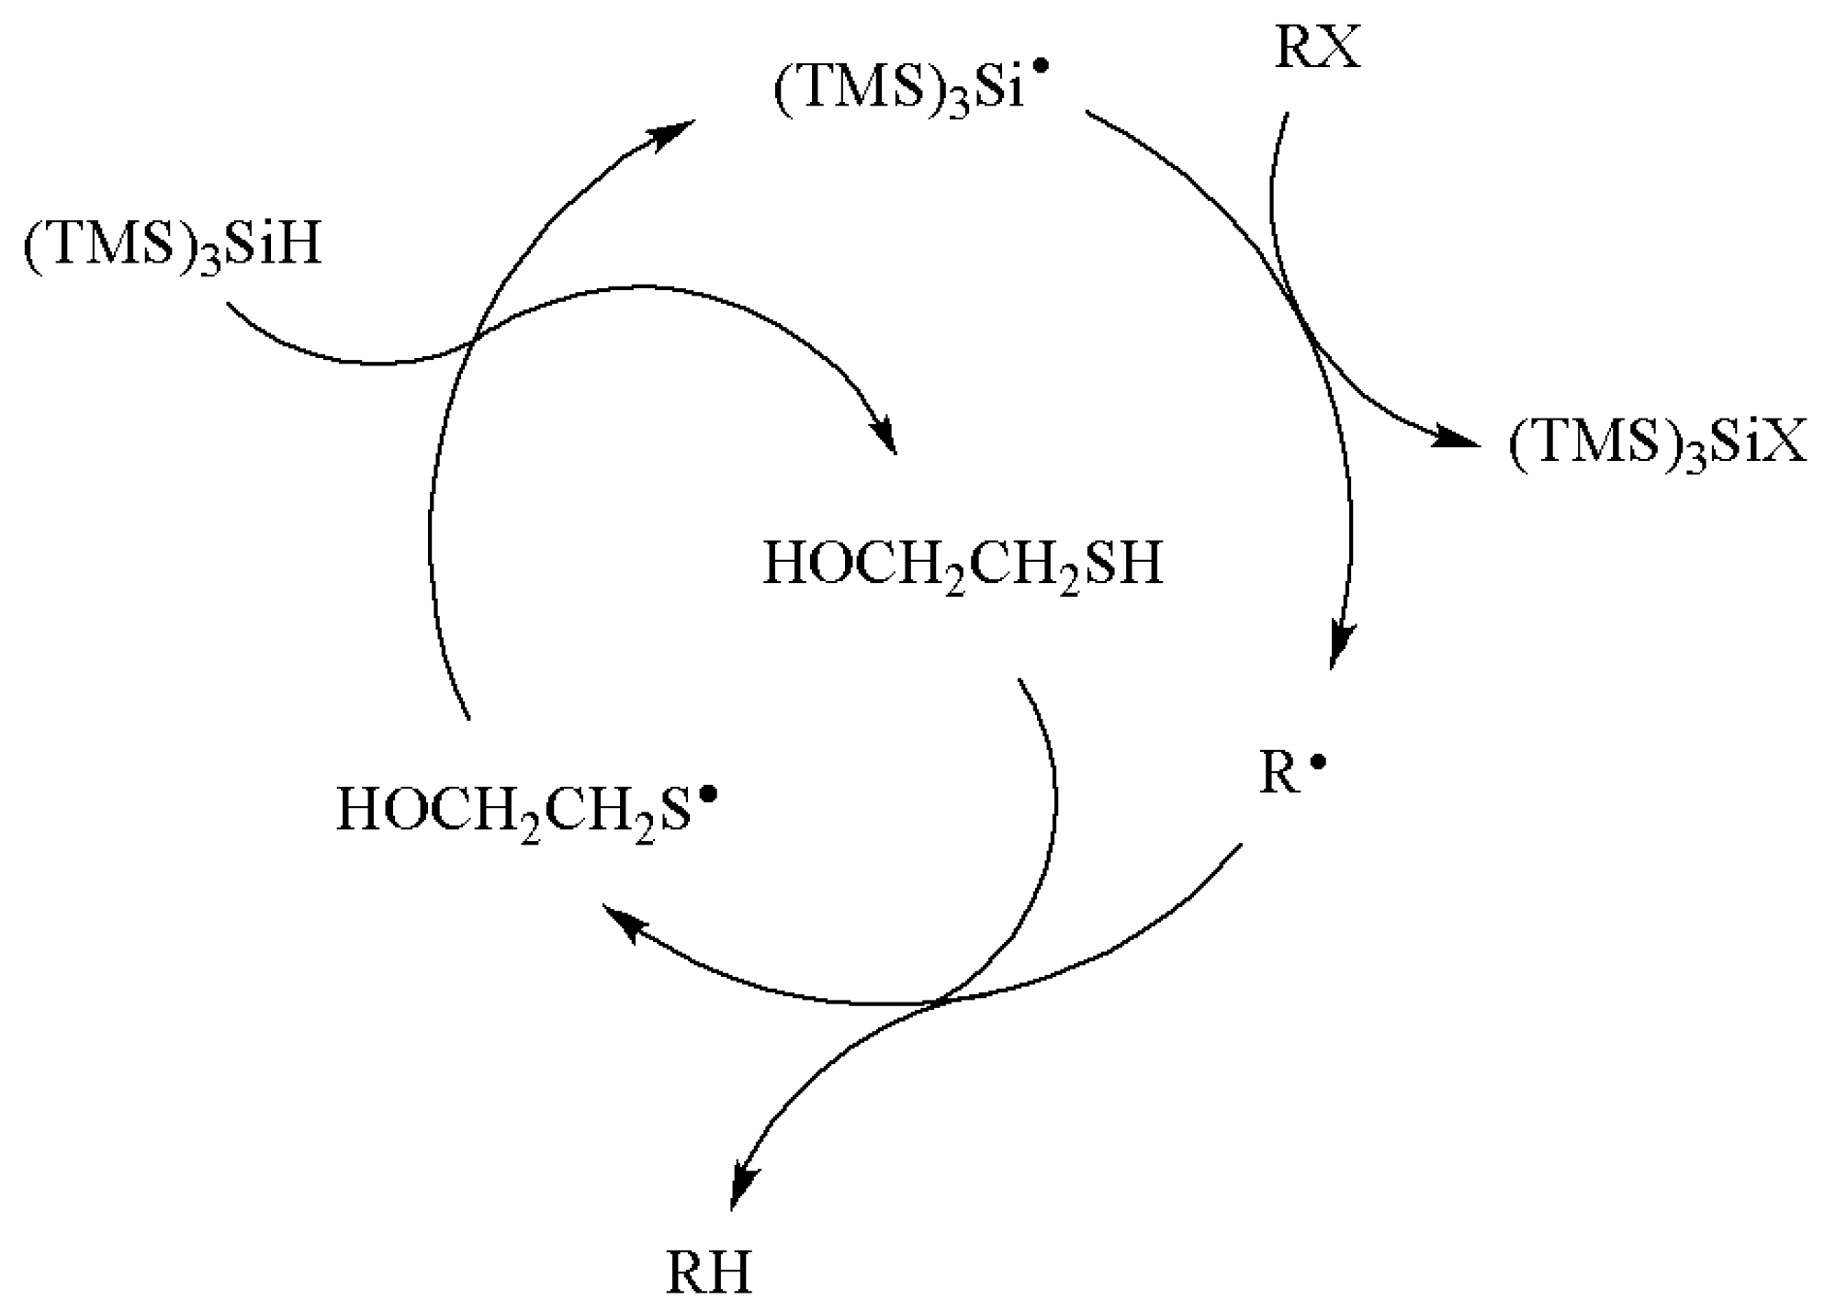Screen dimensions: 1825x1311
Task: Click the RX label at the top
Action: point(1317,48)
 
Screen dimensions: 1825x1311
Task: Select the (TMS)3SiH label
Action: point(173,248)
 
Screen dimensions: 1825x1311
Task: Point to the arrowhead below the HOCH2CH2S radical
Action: point(625,922)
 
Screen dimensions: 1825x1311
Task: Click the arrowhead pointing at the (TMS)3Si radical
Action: point(670,135)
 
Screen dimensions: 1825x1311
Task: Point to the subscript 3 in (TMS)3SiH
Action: point(211,263)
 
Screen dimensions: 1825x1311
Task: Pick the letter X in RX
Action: point(1340,48)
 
